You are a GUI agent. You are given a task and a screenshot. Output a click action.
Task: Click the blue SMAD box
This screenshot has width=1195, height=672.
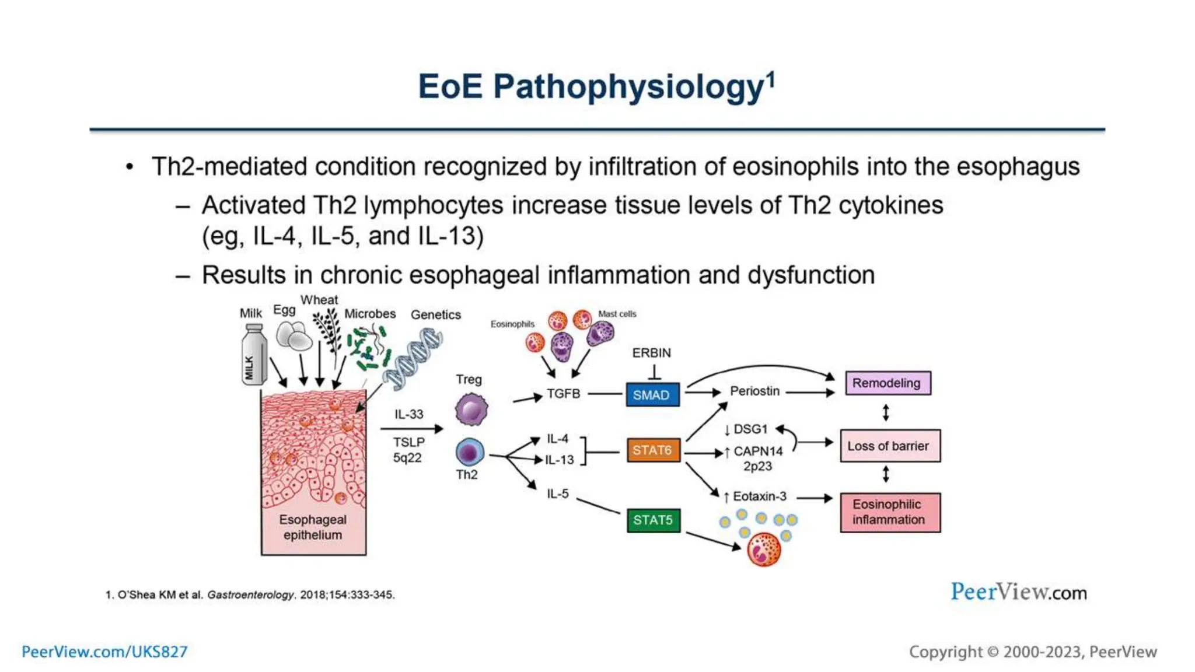[652, 395]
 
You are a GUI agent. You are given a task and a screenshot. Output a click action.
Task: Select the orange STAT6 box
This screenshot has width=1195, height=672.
[653, 450]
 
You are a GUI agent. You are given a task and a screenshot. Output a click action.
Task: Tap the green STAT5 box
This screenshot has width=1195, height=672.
[653, 520]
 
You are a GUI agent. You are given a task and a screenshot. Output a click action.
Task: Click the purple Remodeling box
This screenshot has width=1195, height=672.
[887, 383]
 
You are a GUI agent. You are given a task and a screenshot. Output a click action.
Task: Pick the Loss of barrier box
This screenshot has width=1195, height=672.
[889, 446]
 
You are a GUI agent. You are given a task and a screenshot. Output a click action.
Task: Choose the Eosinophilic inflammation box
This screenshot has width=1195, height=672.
[889, 512]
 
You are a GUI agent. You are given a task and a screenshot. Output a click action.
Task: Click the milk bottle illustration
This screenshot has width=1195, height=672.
[253, 355]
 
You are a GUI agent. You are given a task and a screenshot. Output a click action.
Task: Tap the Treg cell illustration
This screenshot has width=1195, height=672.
[470, 409]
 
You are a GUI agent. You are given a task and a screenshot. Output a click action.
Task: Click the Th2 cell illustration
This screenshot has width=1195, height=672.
[470, 453]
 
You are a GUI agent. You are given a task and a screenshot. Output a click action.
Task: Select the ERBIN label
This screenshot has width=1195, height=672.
[652, 353]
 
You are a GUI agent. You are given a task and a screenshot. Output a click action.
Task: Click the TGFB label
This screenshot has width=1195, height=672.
[563, 394]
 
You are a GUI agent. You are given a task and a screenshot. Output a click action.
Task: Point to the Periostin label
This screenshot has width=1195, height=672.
[754, 391]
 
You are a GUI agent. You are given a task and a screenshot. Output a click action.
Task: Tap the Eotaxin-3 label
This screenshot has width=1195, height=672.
[759, 496]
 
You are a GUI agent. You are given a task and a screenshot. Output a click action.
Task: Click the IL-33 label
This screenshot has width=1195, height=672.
[408, 414]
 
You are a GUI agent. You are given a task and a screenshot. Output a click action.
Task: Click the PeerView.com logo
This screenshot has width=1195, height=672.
[1018, 592]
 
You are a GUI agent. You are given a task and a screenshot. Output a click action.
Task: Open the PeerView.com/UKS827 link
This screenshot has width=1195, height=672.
[105, 652]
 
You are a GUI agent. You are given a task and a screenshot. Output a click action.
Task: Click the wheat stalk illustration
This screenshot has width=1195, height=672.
[327, 330]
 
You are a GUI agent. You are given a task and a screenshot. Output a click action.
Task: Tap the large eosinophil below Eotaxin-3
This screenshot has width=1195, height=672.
[764, 549]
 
